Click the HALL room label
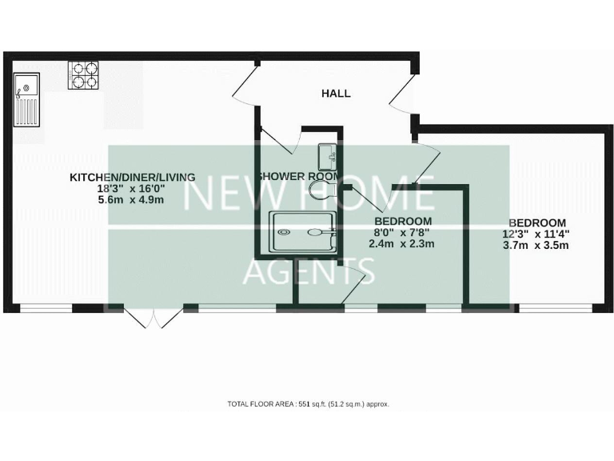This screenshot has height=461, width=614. click(x=336, y=94)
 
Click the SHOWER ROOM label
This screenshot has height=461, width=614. click(x=299, y=176)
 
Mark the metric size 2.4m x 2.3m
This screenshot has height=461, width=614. click(x=401, y=244)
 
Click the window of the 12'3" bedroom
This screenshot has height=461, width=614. click(x=556, y=307)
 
